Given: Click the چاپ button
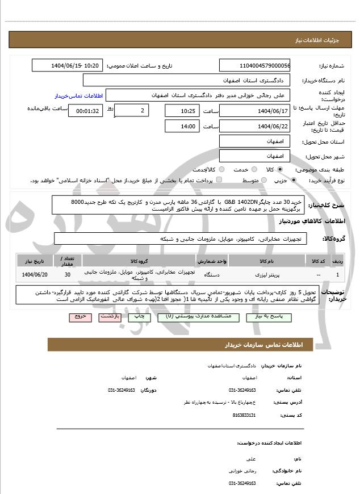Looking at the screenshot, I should [139, 317].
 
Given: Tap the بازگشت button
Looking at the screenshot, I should [110, 317].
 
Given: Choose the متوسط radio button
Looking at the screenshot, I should [263, 180].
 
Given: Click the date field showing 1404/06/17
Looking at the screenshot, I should [254, 110].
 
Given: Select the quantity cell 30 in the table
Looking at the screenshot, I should [68, 275].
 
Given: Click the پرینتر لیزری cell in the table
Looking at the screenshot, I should [266, 275].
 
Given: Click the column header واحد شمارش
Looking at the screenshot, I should [212, 261].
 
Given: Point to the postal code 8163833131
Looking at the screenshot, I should [244, 416].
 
